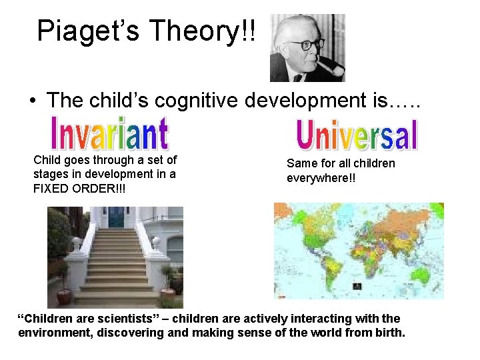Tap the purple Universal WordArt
tap(357, 135)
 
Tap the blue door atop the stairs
tap(117, 217)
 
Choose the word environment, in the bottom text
tap(53, 333)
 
